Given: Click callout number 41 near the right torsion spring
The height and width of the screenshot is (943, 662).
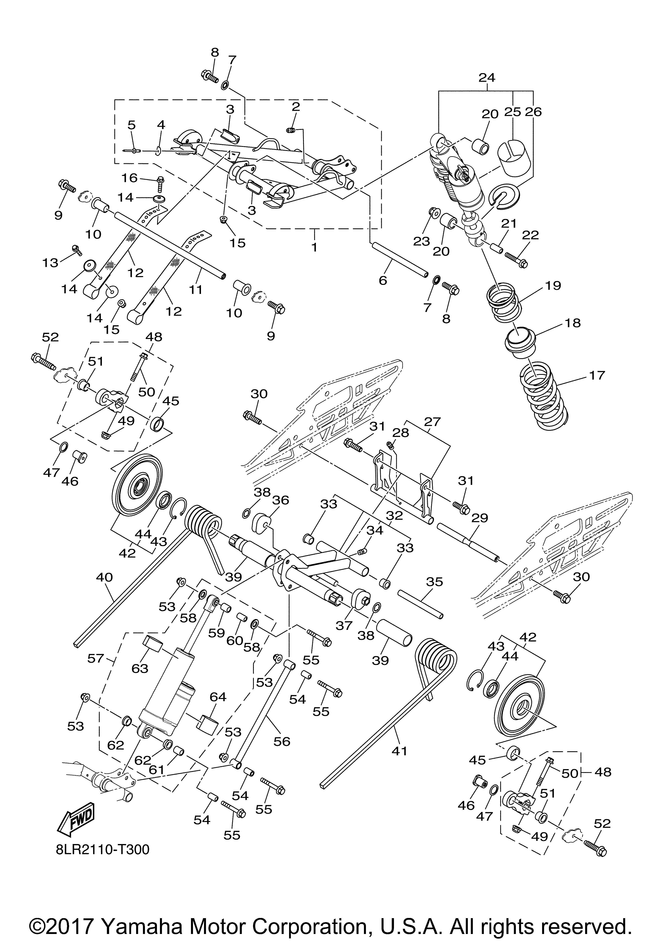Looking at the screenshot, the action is coord(399,751).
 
